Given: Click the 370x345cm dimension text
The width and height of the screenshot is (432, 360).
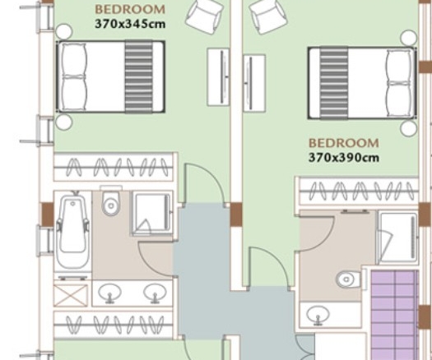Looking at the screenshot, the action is (130, 24).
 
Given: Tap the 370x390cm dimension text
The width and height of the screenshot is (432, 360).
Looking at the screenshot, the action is (344, 158).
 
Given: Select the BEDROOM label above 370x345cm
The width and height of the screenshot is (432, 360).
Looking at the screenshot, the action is (130, 10).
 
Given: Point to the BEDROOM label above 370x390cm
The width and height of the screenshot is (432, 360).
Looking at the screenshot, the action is (344, 143).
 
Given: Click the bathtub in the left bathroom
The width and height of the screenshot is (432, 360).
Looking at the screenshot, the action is (72, 231).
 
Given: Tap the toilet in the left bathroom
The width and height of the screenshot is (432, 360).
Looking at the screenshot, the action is (111, 201).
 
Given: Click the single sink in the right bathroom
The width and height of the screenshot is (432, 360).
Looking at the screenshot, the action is (318, 315).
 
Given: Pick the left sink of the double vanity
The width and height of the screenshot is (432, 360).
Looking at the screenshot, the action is (109, 293).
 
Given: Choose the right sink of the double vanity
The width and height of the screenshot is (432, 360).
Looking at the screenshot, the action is (155, 293).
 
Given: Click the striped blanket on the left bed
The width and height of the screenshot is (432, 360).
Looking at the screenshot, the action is (139, 76).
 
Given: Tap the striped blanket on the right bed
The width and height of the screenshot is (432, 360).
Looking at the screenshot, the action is (334, 83).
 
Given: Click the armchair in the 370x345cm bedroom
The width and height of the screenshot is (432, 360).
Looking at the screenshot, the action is (205, 16).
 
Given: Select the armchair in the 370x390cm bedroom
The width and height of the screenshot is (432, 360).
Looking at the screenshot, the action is (268, 16).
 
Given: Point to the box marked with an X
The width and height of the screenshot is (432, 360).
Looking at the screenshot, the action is (71, 296).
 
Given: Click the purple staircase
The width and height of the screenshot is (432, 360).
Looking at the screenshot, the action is (395, 315).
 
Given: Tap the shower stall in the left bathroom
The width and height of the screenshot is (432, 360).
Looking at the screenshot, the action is (151, 214).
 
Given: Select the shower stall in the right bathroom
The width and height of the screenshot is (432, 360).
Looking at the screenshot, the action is (398, 237).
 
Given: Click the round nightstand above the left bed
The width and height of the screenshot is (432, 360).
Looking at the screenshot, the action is (64, 31).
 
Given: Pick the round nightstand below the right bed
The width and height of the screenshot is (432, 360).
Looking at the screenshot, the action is (408, 128).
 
